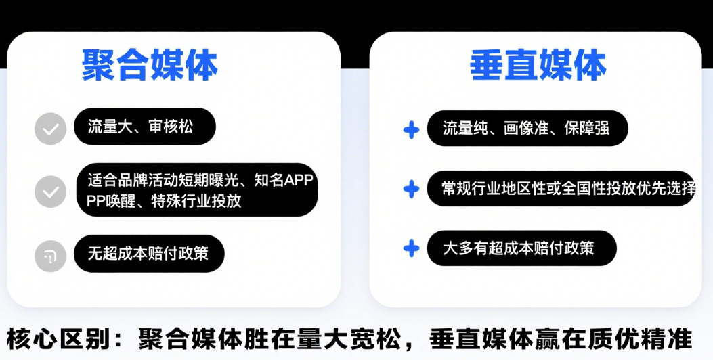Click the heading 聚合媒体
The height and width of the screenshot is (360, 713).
pos(150,66)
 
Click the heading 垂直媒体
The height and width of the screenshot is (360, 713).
pos(538,66)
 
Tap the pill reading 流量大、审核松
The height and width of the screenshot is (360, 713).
pos(145,127)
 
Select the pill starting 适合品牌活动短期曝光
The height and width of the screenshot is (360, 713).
pos(197,190)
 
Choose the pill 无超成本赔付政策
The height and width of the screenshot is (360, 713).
pos(149,254)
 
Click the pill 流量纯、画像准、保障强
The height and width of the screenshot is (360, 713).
pos(527,128)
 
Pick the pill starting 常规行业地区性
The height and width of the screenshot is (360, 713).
pos(561,188)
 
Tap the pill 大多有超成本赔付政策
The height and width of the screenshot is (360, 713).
pos(521,248)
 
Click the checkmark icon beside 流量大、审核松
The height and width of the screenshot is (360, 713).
pos(51,128)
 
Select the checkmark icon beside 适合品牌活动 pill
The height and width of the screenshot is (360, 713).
pos(51,192)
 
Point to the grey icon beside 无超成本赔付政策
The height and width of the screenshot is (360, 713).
pos(51,256)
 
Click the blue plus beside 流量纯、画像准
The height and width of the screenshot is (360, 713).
pos(411,129)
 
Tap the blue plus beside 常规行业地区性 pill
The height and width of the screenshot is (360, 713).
pos(411,189)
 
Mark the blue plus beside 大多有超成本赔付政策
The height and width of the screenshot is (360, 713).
pos(411,248)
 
